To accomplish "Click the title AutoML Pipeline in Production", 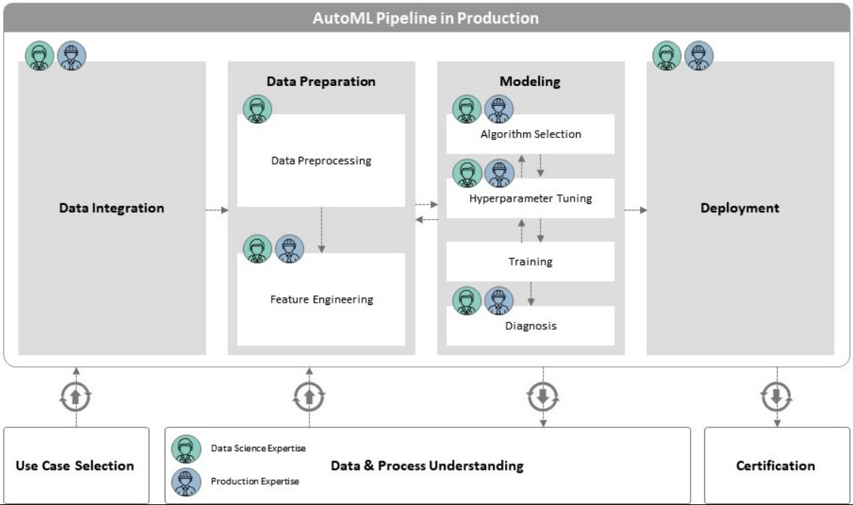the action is coord(426,18).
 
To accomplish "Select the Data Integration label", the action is coord(112,208).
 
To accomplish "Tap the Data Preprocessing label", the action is coord(321,161).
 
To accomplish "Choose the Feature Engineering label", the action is coord(322,299).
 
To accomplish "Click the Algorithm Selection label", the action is coord(531,134).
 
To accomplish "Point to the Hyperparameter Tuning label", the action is coord(531,199).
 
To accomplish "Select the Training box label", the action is coord(531,262).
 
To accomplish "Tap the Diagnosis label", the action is coord(531,326).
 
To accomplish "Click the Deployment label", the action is coord(740,208).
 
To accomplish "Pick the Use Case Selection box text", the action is coord(75,466).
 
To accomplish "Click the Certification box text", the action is coord(775,466).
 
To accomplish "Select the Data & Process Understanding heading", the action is coord(427,466).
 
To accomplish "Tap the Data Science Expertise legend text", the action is coord(258,448).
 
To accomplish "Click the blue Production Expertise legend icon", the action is coord(186,482).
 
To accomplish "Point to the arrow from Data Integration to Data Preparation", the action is coord(217,210).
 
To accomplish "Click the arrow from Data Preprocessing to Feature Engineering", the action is coord(322,229).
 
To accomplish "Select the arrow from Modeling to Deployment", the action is coord(636,210).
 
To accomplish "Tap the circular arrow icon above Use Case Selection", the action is coord(75,397).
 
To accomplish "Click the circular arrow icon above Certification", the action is coord(776,397).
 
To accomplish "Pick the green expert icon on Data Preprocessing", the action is coord(257,109).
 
